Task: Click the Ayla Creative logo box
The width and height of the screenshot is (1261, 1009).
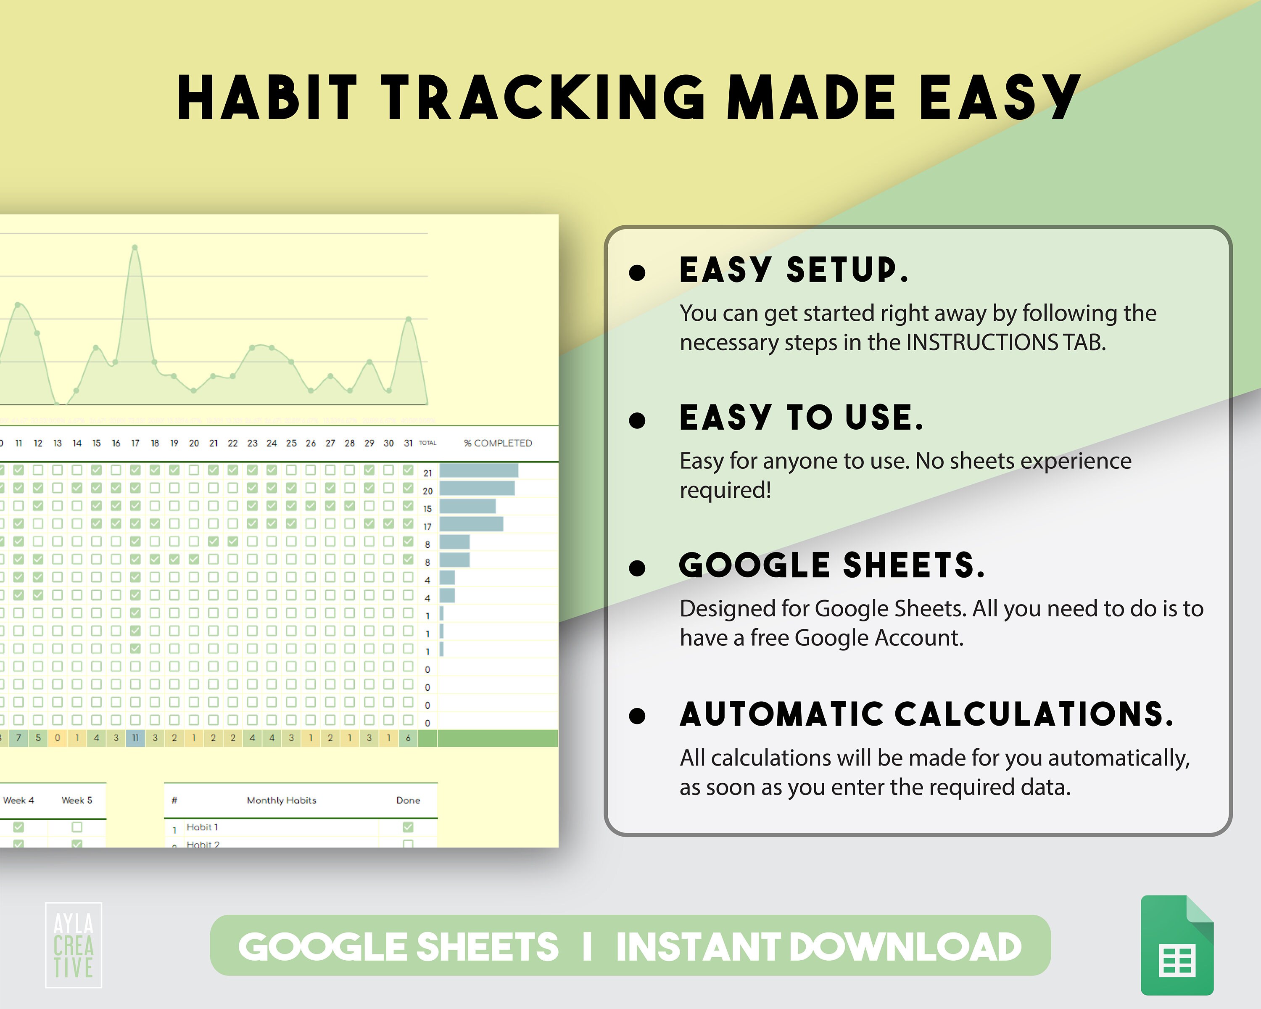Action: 74,945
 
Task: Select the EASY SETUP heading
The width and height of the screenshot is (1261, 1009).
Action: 794,270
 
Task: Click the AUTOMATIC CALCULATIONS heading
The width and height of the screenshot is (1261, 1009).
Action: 926,714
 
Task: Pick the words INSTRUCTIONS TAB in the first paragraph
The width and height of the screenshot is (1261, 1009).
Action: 1005,343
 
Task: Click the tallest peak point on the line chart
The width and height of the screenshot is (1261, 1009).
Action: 135,248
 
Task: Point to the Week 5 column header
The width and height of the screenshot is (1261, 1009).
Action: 77,800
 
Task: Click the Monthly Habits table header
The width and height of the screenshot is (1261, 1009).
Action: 281,800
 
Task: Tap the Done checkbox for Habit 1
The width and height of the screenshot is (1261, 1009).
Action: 408,827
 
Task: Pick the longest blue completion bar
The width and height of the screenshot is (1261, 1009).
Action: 478,471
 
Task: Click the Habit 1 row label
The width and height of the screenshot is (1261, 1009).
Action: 202,827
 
